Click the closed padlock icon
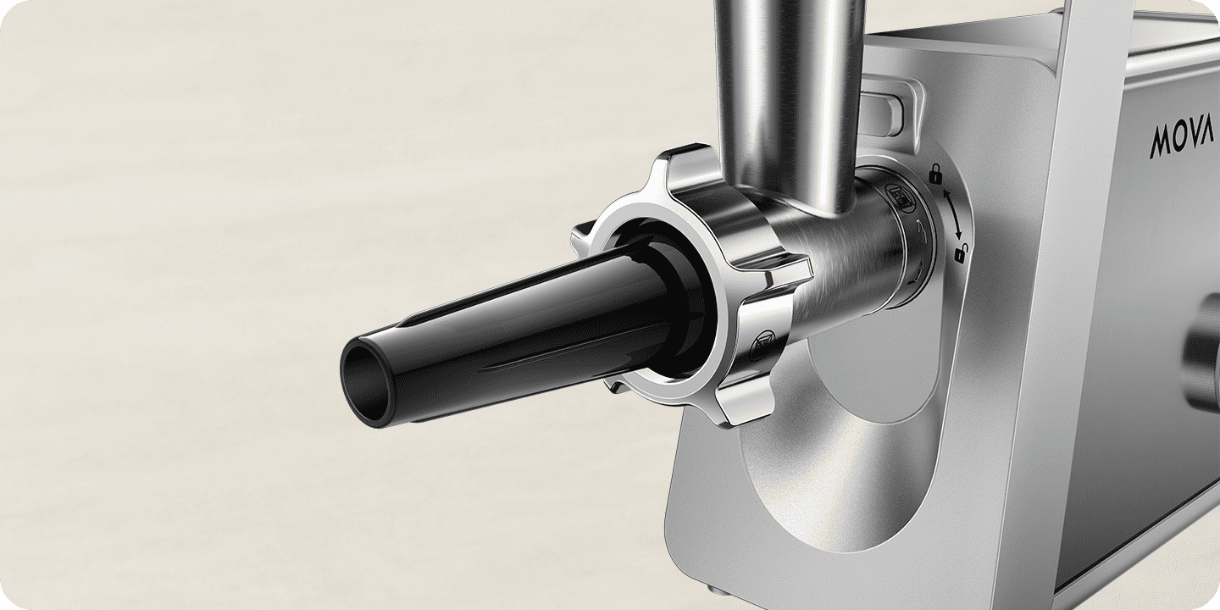click(935, 175)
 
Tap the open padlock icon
click(961, 253)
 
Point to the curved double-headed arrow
click(952, 214)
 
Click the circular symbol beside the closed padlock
click(900, 197)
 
